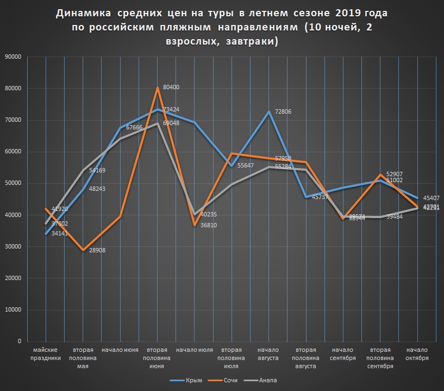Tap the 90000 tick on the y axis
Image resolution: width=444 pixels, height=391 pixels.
12,57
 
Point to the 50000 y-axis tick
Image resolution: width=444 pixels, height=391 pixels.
12,183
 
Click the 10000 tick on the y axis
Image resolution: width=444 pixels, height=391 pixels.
12,310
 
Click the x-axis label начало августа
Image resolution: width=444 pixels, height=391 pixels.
268,354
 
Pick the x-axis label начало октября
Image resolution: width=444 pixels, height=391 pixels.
416,354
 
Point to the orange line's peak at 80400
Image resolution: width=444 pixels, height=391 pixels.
158,88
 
